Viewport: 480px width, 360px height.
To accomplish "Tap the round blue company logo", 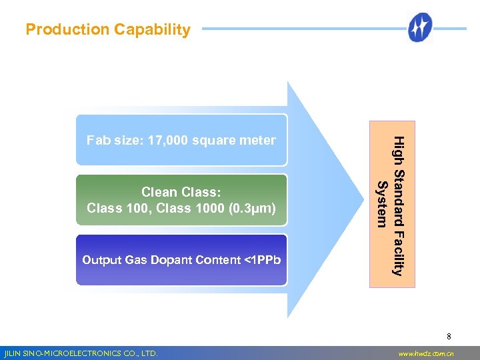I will tap(420, 28).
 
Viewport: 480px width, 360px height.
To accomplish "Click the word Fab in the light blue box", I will tap(98, 140).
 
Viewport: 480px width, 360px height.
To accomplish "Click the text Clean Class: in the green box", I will tap(181, 193).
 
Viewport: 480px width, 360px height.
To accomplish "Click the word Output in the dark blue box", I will tap(102, 260).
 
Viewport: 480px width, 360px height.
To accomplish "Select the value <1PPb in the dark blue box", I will tap(263, 260).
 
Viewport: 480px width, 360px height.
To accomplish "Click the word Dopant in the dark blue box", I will tap(173, 260).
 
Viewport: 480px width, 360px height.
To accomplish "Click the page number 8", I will tap(449, 337).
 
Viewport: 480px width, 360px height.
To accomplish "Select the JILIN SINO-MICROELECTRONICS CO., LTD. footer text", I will tap(81, 353).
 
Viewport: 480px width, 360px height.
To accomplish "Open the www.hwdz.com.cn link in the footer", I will tap(425, 353).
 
